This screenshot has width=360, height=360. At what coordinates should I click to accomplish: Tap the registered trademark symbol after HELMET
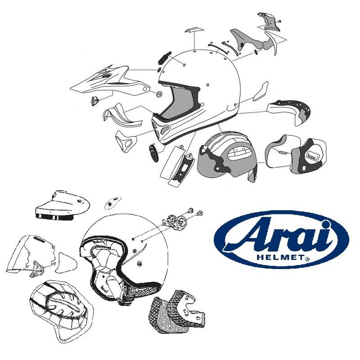click(307, 259)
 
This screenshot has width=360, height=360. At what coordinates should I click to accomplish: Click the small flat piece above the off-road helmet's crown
click(192, 30)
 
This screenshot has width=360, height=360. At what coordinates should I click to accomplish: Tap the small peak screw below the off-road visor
click(95, 100)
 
